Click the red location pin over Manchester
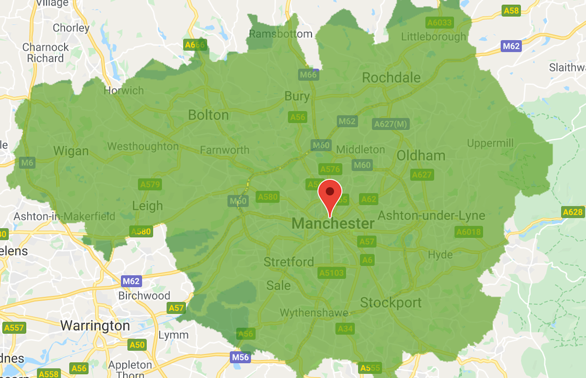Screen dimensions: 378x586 click(330, 194)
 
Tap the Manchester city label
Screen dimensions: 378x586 click(333, 224)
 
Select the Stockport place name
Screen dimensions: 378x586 click(391, 303)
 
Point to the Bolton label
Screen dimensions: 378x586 click(208, 115)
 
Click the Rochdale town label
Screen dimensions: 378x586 click(391, 78)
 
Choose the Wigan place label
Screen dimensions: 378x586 click(71, 151)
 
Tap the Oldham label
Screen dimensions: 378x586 click(421, 156)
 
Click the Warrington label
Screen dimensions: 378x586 click(95, 326)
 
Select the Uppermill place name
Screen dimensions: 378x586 click(490, 144)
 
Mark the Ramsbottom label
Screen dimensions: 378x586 click(280, 34)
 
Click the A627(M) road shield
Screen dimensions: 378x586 click(391, 124)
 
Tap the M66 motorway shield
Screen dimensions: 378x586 click(308, 74)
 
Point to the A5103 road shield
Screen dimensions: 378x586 click(331, 273)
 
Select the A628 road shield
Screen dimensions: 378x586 click(573, 212)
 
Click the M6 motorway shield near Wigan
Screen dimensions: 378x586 click(27, 163)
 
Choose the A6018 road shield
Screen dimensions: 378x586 click(468, 232)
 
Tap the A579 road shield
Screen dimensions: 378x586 click(150, 184)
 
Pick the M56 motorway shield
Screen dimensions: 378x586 click(240, 358)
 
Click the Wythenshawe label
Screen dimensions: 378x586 click(314, 313)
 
